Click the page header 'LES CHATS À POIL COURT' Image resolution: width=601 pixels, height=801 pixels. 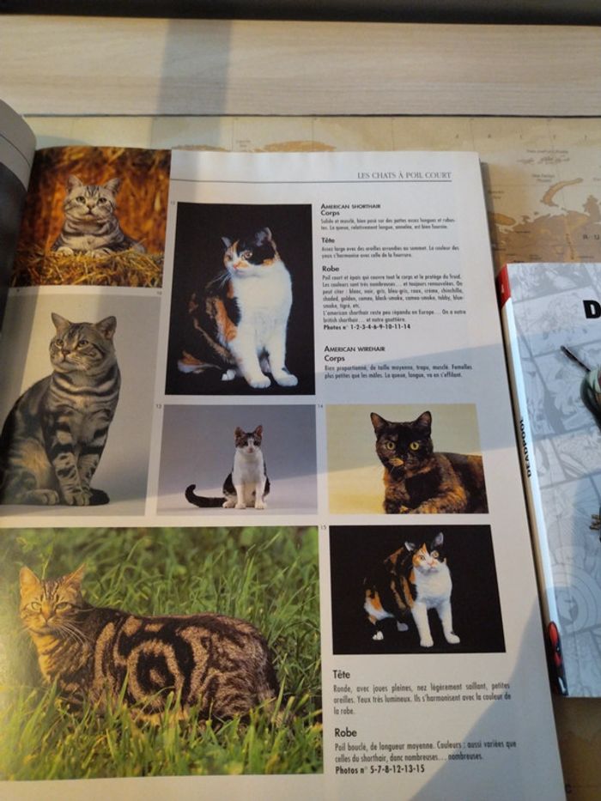404,175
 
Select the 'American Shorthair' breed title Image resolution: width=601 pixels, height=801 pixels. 353,207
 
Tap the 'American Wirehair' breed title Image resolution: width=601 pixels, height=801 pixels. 353,349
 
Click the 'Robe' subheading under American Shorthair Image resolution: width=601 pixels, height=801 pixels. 331,269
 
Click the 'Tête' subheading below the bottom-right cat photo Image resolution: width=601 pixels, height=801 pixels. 341,674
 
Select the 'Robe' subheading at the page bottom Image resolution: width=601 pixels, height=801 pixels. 346,732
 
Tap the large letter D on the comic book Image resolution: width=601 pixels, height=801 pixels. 592,308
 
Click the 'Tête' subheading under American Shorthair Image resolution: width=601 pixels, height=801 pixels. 330,242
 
